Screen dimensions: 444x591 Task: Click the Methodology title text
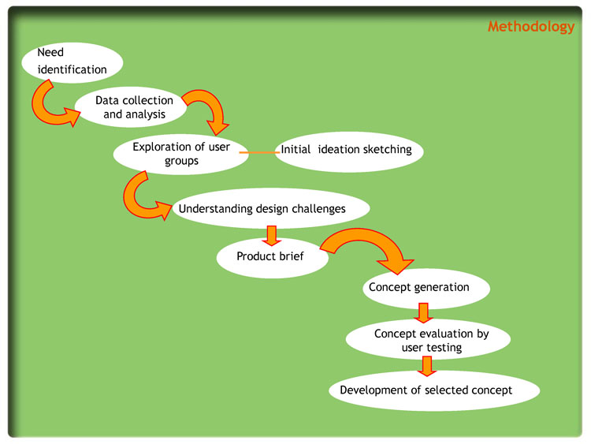click(530, 27)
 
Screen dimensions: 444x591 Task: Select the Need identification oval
click(72, 62)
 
